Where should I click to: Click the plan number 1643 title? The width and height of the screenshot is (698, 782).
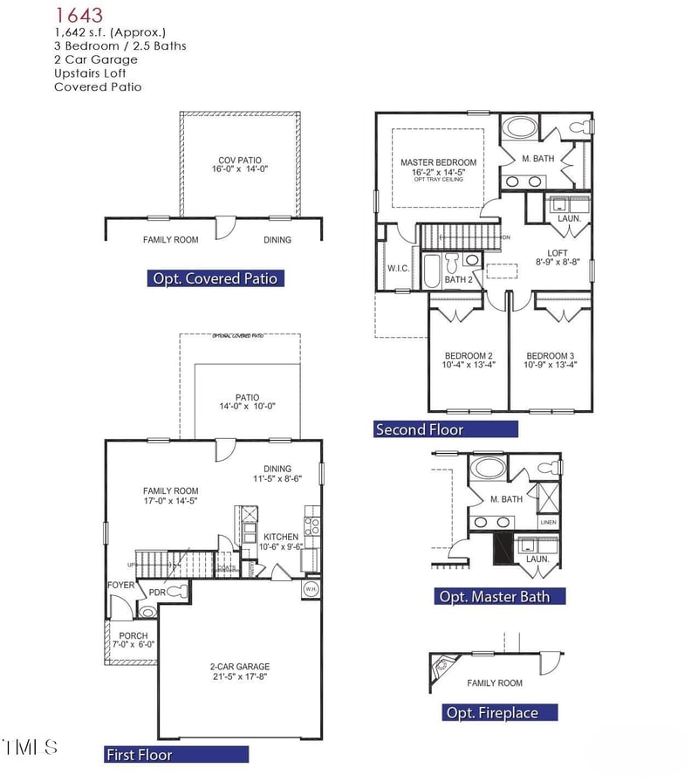79,15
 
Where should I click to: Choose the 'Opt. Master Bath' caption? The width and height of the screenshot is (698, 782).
500,597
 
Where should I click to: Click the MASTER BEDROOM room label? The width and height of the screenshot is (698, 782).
438,162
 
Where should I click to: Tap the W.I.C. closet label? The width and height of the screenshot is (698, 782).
398,268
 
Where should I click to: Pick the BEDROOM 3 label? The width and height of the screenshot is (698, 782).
550,356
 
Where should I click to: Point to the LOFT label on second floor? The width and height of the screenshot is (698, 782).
557,253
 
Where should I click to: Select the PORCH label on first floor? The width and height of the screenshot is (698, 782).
133,635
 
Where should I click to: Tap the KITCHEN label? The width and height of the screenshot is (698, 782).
281,537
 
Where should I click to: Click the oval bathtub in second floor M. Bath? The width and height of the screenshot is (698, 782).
521,128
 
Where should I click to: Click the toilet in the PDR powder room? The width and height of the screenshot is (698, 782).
177,591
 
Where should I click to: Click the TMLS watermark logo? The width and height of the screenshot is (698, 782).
31,747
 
